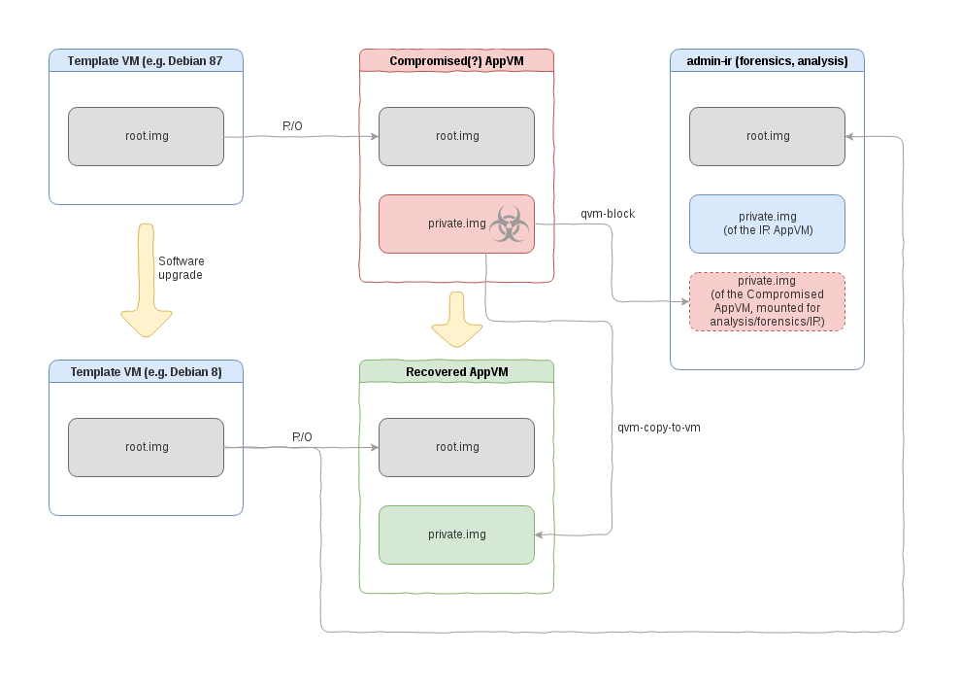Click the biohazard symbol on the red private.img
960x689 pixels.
point(508,224)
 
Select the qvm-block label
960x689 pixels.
point(608,213)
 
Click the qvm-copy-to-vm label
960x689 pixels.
point(658,427)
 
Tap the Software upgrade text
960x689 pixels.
point(182,267)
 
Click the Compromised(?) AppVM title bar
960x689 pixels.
point(456,60)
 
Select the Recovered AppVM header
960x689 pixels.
point(456,371)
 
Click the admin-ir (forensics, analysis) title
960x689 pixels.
point(767,60)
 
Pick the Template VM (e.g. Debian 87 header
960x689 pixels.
point(146,60)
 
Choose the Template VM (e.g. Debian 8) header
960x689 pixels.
point(146,371)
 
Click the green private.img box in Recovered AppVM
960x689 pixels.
point(456,534)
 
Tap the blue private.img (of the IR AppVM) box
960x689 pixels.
point(767,223)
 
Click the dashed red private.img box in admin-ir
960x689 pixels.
point(767,301)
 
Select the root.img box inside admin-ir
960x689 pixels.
point(767,136)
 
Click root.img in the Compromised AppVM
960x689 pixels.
point(456,136)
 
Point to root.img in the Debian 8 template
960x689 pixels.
point(146,447)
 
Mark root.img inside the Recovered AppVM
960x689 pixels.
point(456,447)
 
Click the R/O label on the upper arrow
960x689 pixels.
point(292,126)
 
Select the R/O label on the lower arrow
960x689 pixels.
point(302,437)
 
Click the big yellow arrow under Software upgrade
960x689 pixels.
point(147,282)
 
